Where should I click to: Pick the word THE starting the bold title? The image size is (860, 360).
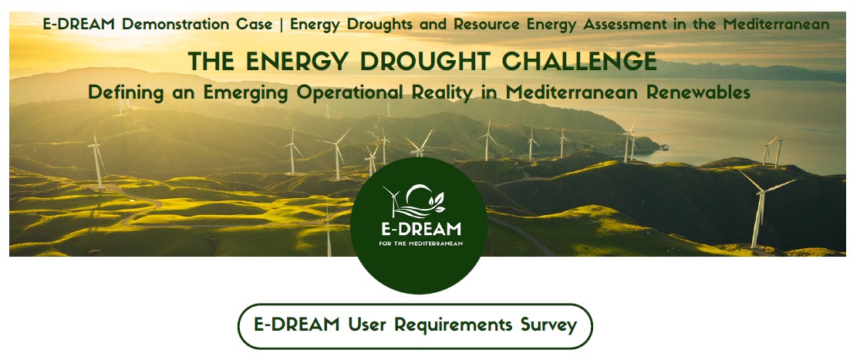pyautogui.click(x=211, y=62)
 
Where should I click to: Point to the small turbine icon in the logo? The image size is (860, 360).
pyautogui.click(x=393, y=199)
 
